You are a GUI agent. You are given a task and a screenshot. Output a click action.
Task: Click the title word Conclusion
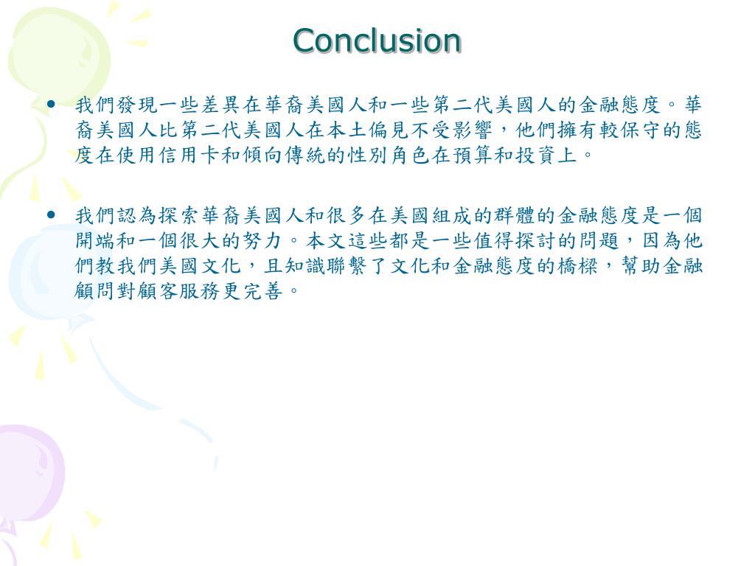pos(377,41)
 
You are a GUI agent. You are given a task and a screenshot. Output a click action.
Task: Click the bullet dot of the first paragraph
pos(52,104)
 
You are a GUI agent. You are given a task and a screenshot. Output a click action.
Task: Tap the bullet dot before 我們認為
pos(52,215)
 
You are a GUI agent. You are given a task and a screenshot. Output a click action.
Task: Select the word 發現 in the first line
pos(128,105)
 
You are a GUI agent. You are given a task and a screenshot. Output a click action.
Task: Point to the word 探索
pos(170,216)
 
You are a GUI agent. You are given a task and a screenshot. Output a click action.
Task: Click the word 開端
pos(86,241)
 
